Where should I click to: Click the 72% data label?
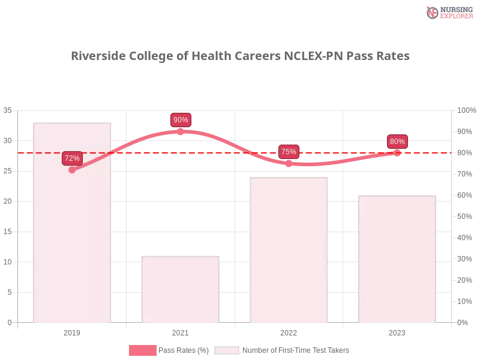coord(72,158)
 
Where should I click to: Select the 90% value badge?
coord(181,120)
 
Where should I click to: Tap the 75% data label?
coord(289,152)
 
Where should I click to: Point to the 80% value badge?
coord(397,142)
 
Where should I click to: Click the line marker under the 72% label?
coord(72,170)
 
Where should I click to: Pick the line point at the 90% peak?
coord(180,130)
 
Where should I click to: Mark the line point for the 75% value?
coord(289,163)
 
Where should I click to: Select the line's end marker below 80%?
coord(397,152)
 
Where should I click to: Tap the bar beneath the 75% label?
coord(290,252)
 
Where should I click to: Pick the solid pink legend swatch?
coord(143,350)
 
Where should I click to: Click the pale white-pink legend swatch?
coord(227,350)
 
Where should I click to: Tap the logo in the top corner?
coord(448,12)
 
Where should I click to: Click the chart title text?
coord(240,56)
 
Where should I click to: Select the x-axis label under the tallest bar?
coord(72,332)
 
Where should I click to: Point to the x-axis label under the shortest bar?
coord(180,332)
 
